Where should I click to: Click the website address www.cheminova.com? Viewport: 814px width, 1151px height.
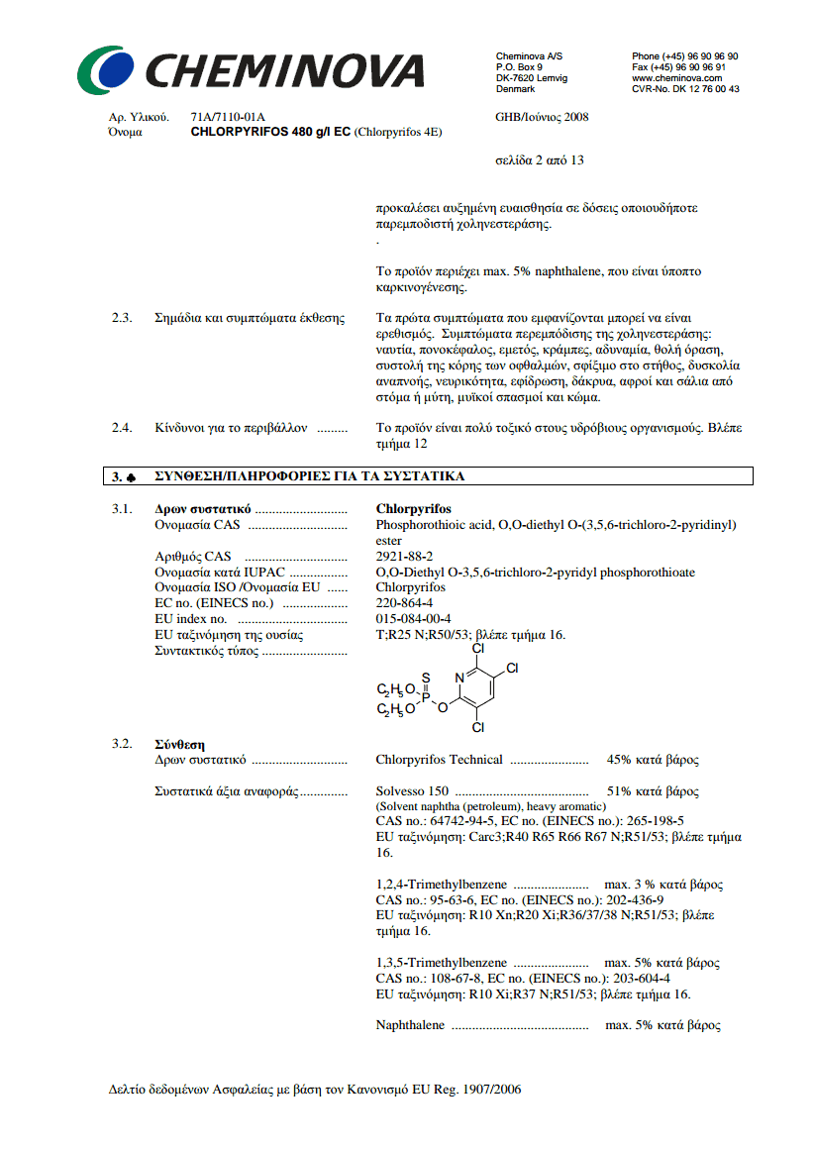pyautogui.click(x=676, y=77)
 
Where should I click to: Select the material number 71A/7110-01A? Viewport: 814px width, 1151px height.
pyautogui.click(x=228, y=117)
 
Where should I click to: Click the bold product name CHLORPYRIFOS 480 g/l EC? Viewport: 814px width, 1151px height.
pyautogui.click(x=269, y=131)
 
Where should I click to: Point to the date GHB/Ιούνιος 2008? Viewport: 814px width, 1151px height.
pyautogui.click(x=542, y=117)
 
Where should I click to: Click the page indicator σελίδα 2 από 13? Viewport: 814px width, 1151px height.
pyautogui.click(x=539, y=160)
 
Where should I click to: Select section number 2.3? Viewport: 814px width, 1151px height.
pyautogui.click(x=121, y=318)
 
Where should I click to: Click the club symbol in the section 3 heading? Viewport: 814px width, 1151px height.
pyautogui.click(x=132, y=477)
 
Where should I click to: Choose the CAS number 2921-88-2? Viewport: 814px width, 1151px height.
pyautogui.click(x=404, y=557)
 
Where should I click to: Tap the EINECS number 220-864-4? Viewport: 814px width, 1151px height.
pyautogui.click(x=404, y=603)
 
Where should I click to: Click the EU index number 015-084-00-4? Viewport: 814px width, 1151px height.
pyautogui.click(x=415, y=619)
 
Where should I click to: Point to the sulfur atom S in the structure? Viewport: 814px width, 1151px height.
pyautogui.click(x=426, y=679)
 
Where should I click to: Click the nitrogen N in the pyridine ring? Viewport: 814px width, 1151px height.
pyautogui.click(x=459, y=678)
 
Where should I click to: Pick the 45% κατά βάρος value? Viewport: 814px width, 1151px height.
pyautogui.click(x=653, y=760)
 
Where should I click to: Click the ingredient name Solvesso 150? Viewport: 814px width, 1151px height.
pyautogui.click(x=412, y=791)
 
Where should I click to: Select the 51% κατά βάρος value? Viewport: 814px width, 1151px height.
pyautogui.click(x=653, y=791)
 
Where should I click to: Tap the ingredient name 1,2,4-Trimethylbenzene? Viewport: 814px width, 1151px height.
pyautogui.click(x=442, y=885)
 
